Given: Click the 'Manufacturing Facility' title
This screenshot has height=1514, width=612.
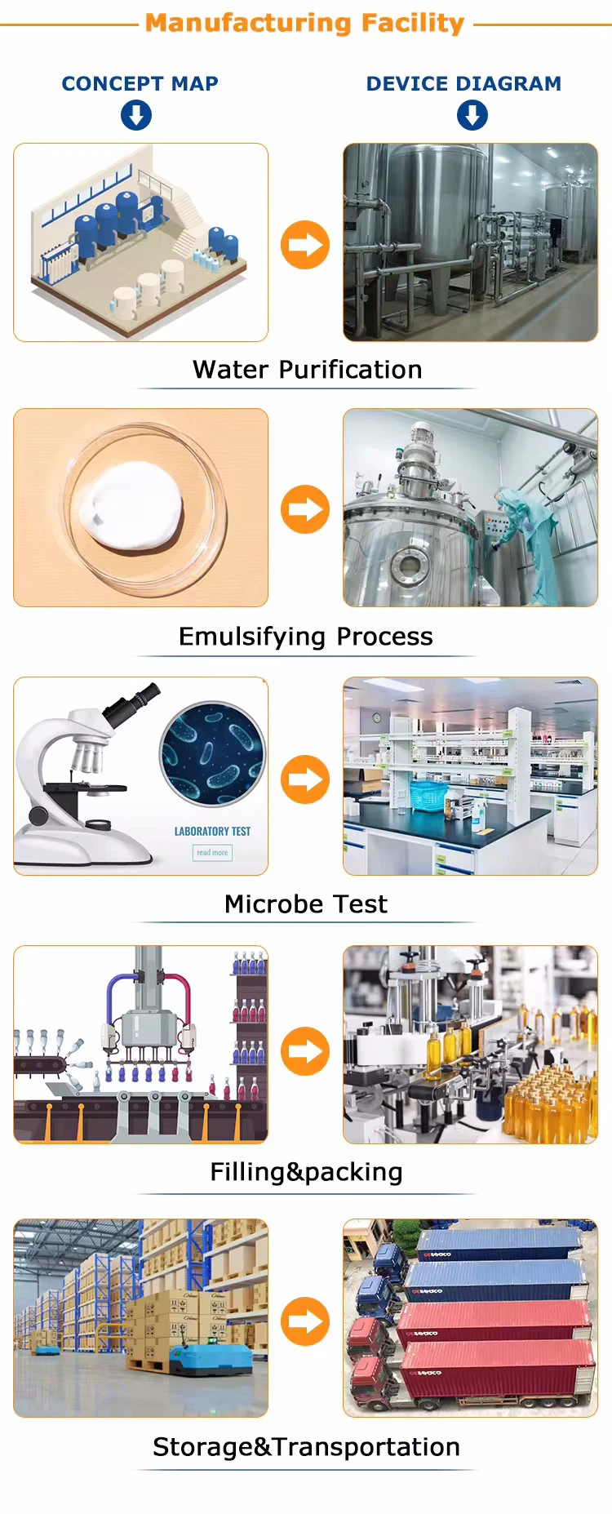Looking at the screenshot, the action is pyautogui.click(x=304, y=23).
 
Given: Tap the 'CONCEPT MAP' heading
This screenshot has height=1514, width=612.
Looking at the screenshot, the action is pyautogui.click(x=140, y=83).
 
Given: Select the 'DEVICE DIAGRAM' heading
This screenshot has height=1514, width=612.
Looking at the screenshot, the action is pyautogui.click(x=463, y=83).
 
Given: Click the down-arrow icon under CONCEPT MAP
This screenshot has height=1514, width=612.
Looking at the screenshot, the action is pyautogui.click(x=136, y=115).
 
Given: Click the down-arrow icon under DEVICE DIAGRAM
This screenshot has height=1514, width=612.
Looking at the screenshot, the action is pyautogui.click(x=472, y=115).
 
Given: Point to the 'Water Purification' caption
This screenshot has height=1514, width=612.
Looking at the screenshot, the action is pyautogui.click(x=308, y=370).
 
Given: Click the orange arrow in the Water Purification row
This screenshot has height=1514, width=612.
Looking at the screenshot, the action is pyautogui.click(x=305, y=245).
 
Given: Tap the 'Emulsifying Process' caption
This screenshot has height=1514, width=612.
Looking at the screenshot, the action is pyautogui.click(x=306, y=637).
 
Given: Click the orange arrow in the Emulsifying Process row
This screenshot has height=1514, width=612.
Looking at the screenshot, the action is pyautogui.click(x=305, y=509).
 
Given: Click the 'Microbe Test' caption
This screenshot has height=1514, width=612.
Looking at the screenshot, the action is pyautogui.click(x=306, y=904).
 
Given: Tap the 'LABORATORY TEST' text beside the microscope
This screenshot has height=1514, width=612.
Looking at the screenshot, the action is pyautogui.click(x=212, y=831).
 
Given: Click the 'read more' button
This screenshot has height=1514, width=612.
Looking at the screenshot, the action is pyautogui.click(x=212, y=853).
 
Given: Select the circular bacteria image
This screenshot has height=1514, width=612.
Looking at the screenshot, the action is pyautogui.click(x=213, y=754).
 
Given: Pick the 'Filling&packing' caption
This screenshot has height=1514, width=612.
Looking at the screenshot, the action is pyautogui.click(x=306, y=1173).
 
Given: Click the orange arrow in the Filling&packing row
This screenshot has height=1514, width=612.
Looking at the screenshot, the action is pyautogui.click(x=305, y=1051).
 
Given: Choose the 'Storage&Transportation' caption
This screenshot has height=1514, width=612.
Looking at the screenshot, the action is pyautogui.click(x=306, y=1447).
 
